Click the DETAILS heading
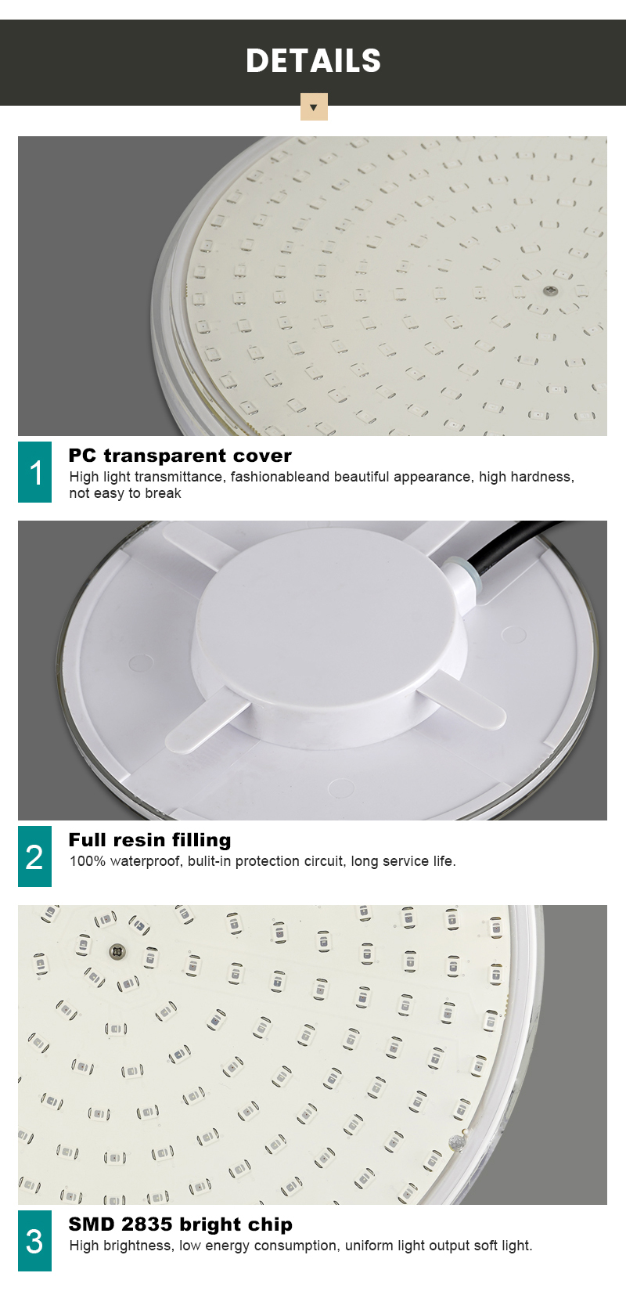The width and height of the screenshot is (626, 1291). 313,60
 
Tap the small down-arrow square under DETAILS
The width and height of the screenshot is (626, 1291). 314,106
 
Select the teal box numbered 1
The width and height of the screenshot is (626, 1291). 34,472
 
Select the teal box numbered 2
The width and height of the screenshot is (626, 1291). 34,856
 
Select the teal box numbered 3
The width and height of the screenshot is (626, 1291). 34,1240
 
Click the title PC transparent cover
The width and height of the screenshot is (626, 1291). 180,456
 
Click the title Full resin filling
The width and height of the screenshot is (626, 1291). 149,840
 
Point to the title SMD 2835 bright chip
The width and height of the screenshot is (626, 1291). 181,1224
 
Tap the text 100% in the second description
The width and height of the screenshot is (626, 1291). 88,861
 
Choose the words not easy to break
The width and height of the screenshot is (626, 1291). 125,494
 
